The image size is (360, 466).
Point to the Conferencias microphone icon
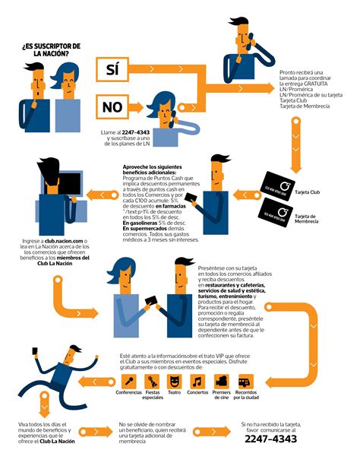(x=131, y=380)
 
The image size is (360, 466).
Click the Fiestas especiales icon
(x=153, y=380)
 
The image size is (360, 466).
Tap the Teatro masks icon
(x=175, y=380)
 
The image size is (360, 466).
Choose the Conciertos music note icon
(x=197, y=380)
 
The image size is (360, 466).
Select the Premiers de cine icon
(x=221, y=380)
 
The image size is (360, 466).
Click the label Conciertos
(x=197, y=393)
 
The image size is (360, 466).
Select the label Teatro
(x=175, y=393)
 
